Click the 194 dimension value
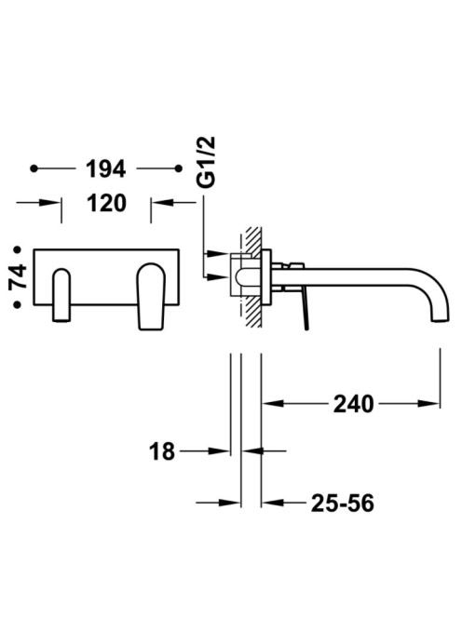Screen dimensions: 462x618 click(106, 168)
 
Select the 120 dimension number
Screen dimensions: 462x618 click(106, 203)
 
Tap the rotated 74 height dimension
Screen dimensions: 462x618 click(18, 277)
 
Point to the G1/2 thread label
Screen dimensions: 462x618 click(206, 162)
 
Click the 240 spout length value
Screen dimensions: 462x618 click(353, 404)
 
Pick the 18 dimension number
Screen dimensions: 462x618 click(162, 451)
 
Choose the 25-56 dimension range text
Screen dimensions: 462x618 click(342, 503)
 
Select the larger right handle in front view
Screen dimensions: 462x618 click(150, 296)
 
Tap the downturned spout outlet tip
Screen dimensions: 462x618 click(440, 320)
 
